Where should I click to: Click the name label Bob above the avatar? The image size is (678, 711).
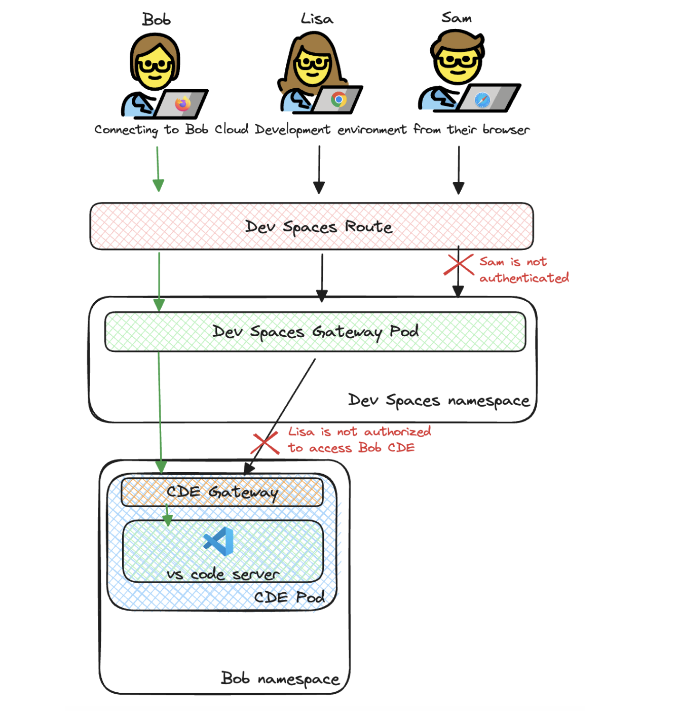pyautogui.click(x=156, y=19)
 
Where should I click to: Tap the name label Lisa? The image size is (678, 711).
pyautogui.click(x=317, y=18)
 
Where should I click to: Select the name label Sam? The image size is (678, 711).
pyautogui.click(x=457, y=17)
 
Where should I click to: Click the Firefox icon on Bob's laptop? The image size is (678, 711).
pyautogui.click(x=183, y=103)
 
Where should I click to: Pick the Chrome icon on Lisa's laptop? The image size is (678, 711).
pyautogui.click(x=338, y=99)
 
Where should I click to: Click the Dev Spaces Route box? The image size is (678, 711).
pyautogui.click(x=312, y=226)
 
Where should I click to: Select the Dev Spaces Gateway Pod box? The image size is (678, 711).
pyautogui.click(x=315, y=332)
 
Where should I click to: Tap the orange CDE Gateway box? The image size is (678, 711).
pyautogui.click(x=222, y=492)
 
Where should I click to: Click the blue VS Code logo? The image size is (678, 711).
pyautogui.click(x=218, y=541)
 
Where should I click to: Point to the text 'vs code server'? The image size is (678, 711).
pyautogui.click(x=223, y=574)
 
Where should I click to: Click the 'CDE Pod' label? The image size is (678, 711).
pyautogui.click(x=289, y=597)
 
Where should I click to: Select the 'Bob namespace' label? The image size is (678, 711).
pyautogui.click(x=280, y=679)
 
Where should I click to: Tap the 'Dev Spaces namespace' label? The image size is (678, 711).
pyautogui.click(x=439, y=401)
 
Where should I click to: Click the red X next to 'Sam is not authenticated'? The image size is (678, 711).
pyautogui.click(x=459, y=264)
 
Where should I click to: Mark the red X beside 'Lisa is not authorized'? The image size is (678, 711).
pyautogui.click(x=265, y=443)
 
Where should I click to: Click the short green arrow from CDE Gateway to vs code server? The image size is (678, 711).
pyautogui.click(x=167, y=515)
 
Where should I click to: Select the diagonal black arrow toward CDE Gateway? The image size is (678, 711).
pyautogui.click(x=280, y=417)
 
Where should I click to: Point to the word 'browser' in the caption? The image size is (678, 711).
pyautogui.click(x=506, y=129)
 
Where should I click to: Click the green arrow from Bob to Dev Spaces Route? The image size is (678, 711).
pyautogui.click(x=158, y=169)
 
